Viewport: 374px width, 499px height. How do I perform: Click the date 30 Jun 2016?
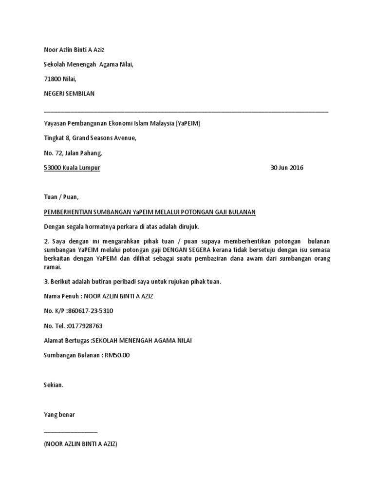click(286, 168)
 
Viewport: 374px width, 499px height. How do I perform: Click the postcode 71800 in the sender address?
click(52, 79)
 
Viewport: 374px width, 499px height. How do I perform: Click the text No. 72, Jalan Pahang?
click(73, 154)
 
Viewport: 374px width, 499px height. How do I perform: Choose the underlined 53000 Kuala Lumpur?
click(72, 168)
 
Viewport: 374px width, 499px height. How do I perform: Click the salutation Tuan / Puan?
click(61, 197)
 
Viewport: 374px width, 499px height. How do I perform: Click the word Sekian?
click(54, 385)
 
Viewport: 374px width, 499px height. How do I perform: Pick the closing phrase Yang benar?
click(59, 415)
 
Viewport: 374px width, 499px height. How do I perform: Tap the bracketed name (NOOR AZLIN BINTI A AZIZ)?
click(80, 444)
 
